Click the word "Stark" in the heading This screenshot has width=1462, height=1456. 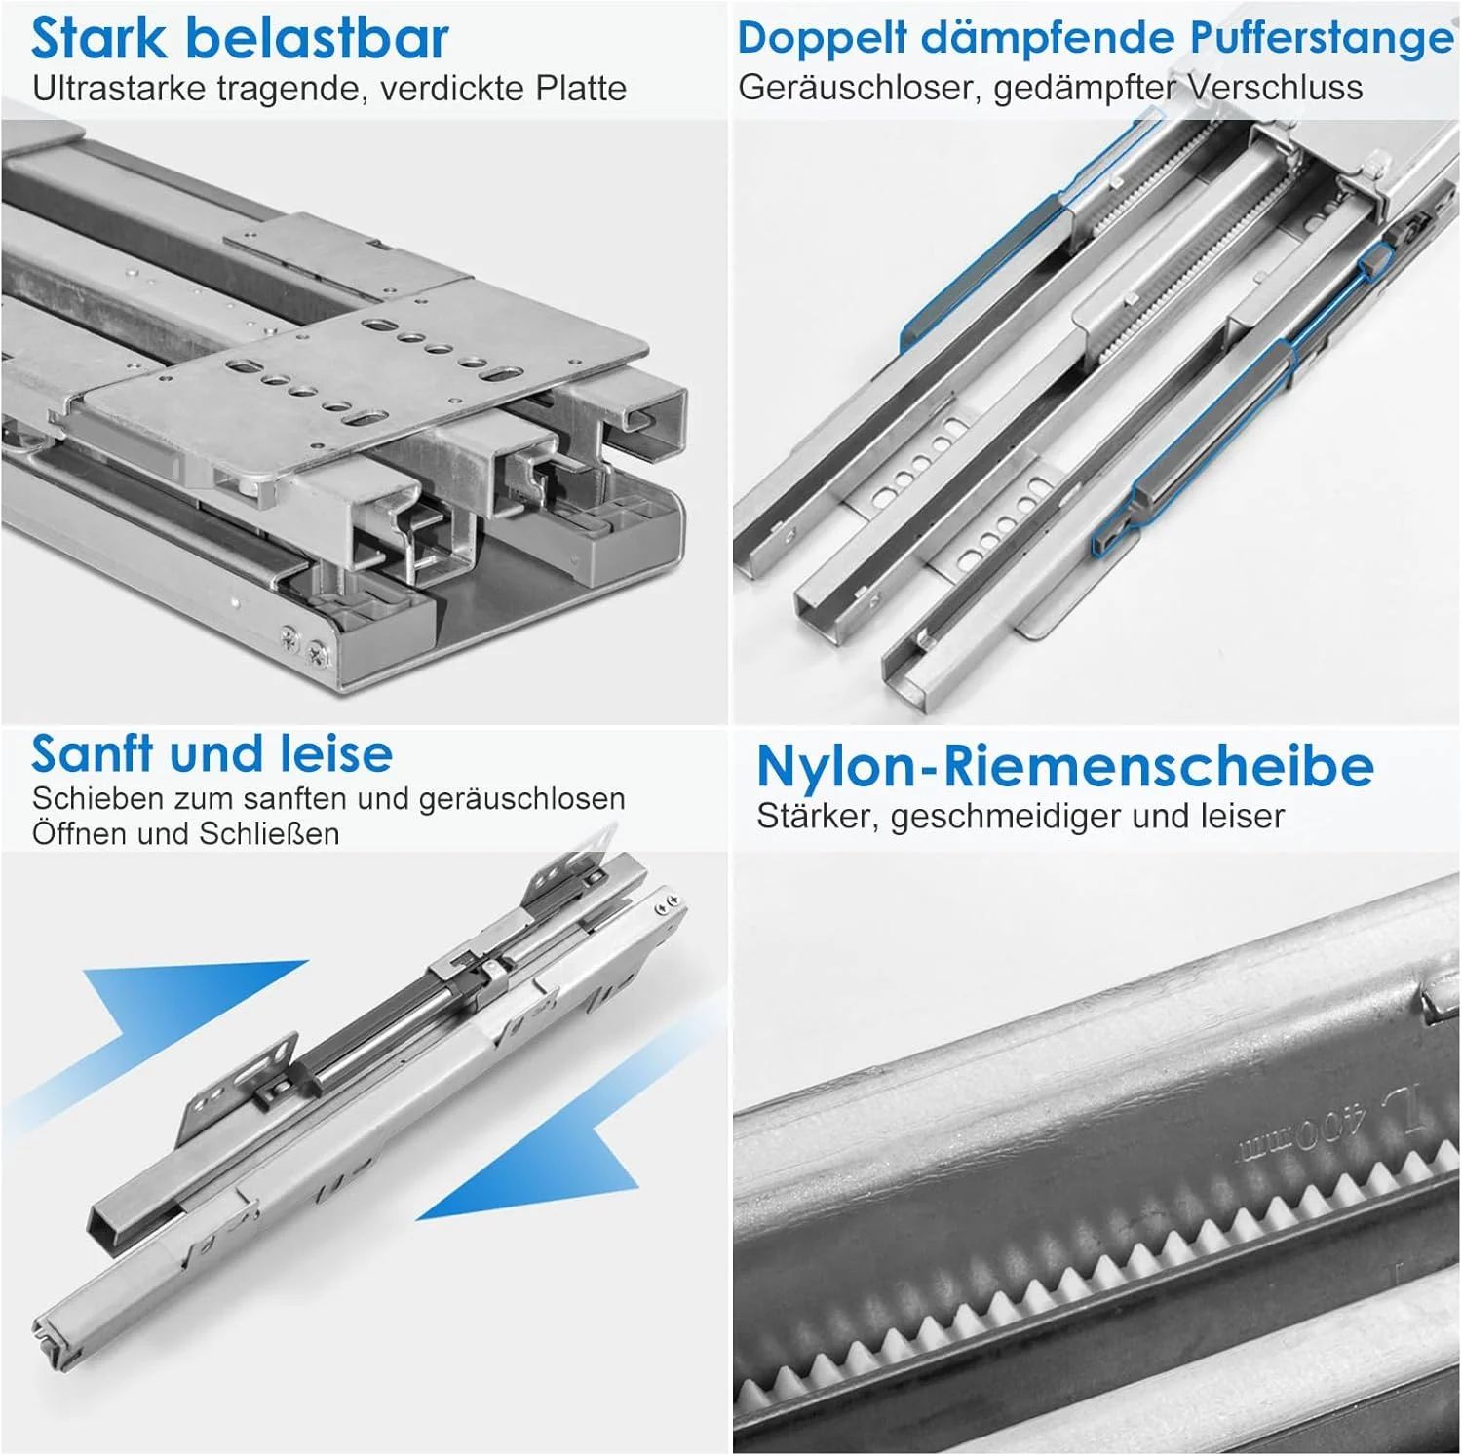[x=99, y=38]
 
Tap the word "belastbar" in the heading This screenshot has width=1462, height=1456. [x=317, y=38]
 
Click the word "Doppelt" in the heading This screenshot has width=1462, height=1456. [x=822, y=40]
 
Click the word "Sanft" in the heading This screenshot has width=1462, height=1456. [x=92, y=752]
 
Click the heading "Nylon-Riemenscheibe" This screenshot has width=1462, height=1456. [x=1065, y=766]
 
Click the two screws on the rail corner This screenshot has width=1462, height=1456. [x=303, y=644]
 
